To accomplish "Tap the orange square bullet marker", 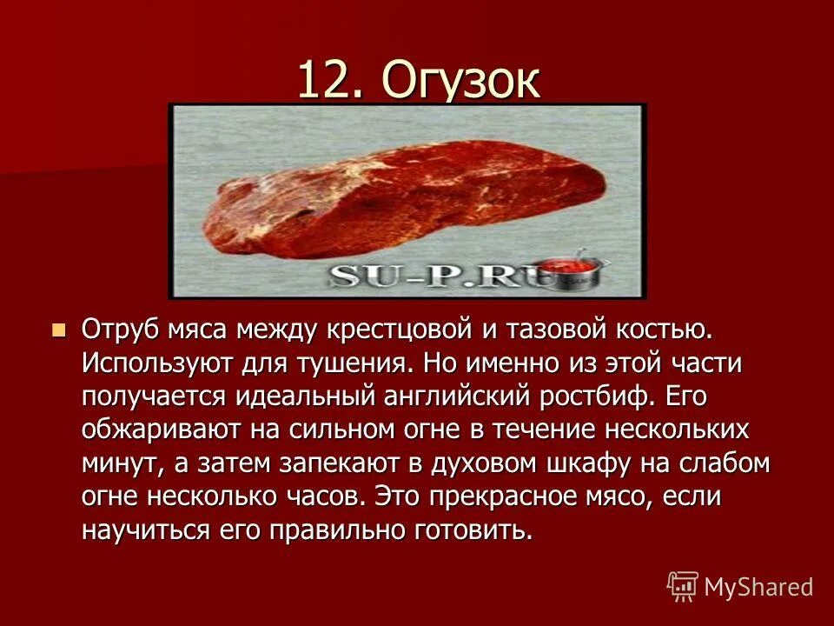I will coord(59,330).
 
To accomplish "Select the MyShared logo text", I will coord(758,586).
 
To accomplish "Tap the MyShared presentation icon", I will coord(683,586).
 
